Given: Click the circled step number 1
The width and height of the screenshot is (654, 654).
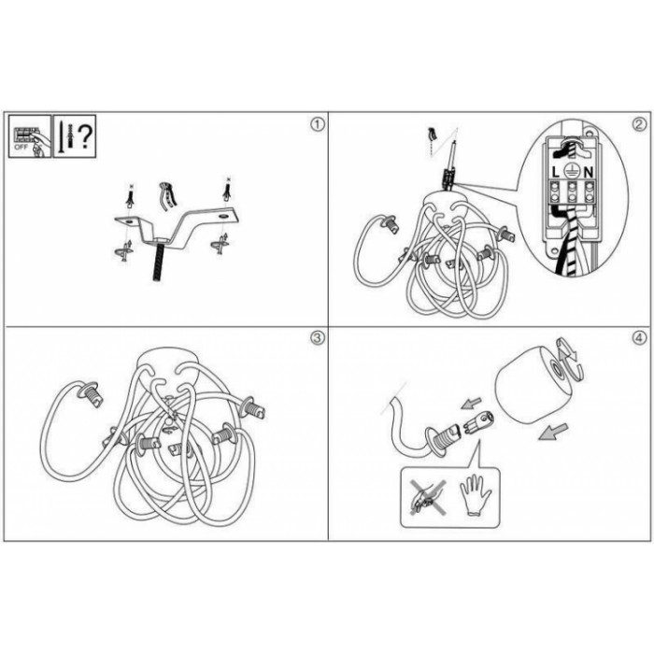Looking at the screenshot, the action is pyautogui.click(x=318, y=124).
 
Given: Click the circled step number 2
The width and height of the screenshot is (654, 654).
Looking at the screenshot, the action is pyautogui.click(x=639, y=124).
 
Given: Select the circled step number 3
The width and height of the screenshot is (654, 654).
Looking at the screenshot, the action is pyautogui.click(x=318, y=338).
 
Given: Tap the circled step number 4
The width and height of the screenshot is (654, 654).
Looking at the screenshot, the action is pyautogui.click(x=639, y=338).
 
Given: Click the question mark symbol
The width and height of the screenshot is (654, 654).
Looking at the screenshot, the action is pyautogui.click(x=85, y=136).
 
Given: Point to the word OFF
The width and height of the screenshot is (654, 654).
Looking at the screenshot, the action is pyautogui.click(x=21, y=148).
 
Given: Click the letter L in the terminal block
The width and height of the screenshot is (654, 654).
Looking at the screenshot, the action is pyautogui.click(x=555, y=172).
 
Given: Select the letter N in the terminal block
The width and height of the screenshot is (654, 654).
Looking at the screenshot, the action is pyautogui.click(x=588, y=172).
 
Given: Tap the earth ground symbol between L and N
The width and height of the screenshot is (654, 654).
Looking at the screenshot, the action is pyautogui.click(x=572, y=171).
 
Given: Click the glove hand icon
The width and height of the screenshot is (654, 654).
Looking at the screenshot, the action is pyautogui.click(x=475, y=498).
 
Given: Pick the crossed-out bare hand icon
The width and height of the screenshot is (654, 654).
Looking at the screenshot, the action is pyautogui.click(x=428, y=497).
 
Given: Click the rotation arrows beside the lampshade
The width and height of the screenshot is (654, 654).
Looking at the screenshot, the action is pyautogui.click(x=569, y=360).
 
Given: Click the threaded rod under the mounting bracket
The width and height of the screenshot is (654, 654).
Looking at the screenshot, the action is pyautogui.click(x=159, y=261).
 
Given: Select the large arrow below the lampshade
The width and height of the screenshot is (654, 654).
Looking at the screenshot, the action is pyautogui.click(x=553, y=432).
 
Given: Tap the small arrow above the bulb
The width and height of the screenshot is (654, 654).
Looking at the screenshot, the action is pyautogui.click(x=472, y=404).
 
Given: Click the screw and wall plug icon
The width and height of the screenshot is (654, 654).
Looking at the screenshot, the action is pyautogui.click(x=65, y=135).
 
